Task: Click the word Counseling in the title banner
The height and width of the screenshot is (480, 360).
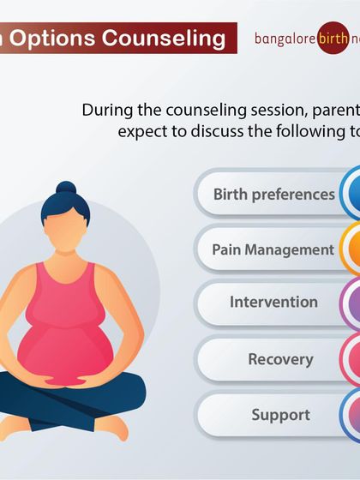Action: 176,38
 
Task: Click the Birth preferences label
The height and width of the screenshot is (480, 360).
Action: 273,194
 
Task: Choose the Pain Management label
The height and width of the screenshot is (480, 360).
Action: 273,249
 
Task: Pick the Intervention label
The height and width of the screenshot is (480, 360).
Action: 273,302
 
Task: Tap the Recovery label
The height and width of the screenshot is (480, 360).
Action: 279,358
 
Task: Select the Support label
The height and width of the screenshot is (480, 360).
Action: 279,415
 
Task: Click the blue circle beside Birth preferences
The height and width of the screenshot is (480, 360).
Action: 351,194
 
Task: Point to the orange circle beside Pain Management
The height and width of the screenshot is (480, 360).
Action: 351,249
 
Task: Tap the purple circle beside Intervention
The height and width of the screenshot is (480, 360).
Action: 351,303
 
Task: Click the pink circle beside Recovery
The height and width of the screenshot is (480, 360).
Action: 351,359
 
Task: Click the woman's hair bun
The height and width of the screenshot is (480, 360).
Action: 66,189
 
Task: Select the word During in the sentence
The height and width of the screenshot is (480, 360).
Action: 105,110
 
